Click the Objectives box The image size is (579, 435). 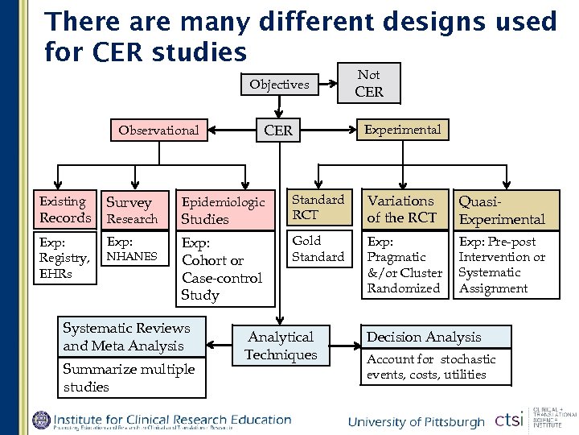(x=279, y=85)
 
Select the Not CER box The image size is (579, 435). (x=369, y=84)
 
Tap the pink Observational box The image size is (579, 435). (x=158, y=130)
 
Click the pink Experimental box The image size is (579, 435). (x=402, y=129)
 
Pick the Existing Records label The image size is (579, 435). (x=65, y=209)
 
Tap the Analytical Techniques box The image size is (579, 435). (x=281, y=346)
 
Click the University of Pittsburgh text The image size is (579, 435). (x=417, y=422)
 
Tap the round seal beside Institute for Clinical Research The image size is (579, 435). (x=41, y=420)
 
